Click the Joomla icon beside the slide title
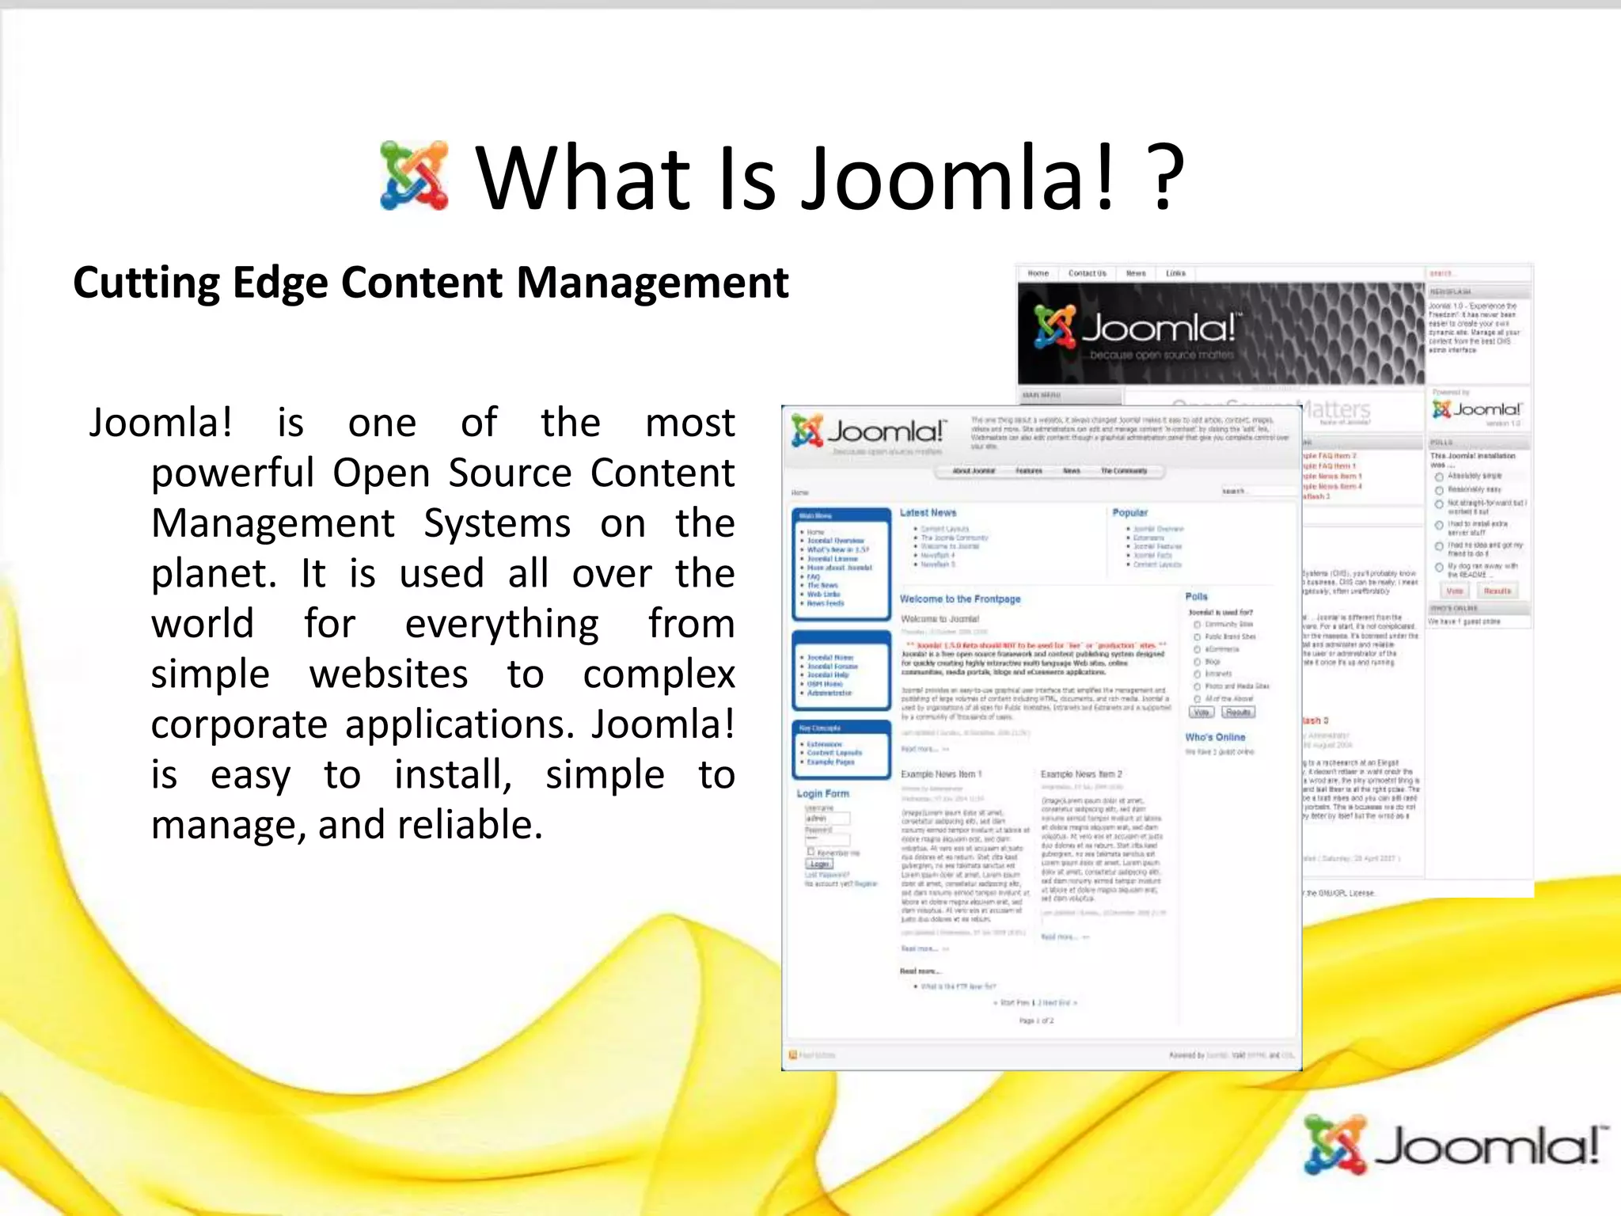(x=414, y=176)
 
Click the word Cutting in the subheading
(x=146, y=283)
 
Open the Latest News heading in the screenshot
(x=928, y=513)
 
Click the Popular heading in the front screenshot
(x=1129, y=513)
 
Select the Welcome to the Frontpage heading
(x=960, y=599)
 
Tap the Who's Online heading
(x=1215, y=737)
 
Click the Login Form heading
(x=822, y=793)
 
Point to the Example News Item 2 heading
(x=1081, y=773)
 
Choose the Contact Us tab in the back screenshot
(x=1087, y=273)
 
